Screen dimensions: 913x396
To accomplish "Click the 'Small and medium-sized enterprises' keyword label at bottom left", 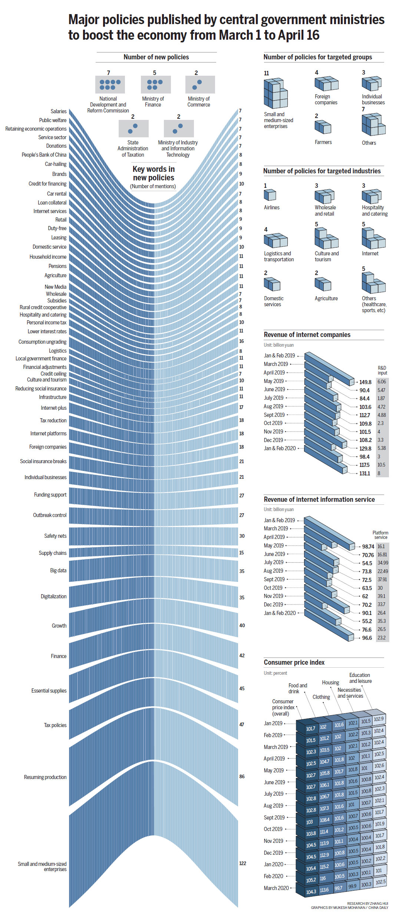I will point(42,867).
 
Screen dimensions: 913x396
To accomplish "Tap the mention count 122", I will point(242,863).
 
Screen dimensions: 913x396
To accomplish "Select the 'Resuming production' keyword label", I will point(45,777).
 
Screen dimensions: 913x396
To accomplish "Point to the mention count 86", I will point(242,776).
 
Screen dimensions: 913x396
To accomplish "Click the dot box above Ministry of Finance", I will point(156,85).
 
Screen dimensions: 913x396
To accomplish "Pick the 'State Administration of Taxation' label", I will point(133,148).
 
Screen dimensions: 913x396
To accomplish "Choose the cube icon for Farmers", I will point(323,127).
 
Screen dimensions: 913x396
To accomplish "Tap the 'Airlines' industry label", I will point(272,207).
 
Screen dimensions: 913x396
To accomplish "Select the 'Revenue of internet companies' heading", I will point(307,335).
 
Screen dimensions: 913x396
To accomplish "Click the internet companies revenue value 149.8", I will point(365,382).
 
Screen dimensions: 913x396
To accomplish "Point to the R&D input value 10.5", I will point(381,465).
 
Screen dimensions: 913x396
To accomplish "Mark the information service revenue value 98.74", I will point(368,547).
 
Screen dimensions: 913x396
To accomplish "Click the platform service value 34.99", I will point(383,563).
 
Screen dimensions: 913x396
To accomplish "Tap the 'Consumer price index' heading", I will point(294,662).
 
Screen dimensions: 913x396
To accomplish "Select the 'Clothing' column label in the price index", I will point(321,697).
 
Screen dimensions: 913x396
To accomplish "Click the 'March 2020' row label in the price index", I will point(276,888).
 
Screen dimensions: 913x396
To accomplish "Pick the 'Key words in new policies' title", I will point(154,173).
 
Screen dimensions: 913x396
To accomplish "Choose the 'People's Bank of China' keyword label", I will point(44,155).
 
